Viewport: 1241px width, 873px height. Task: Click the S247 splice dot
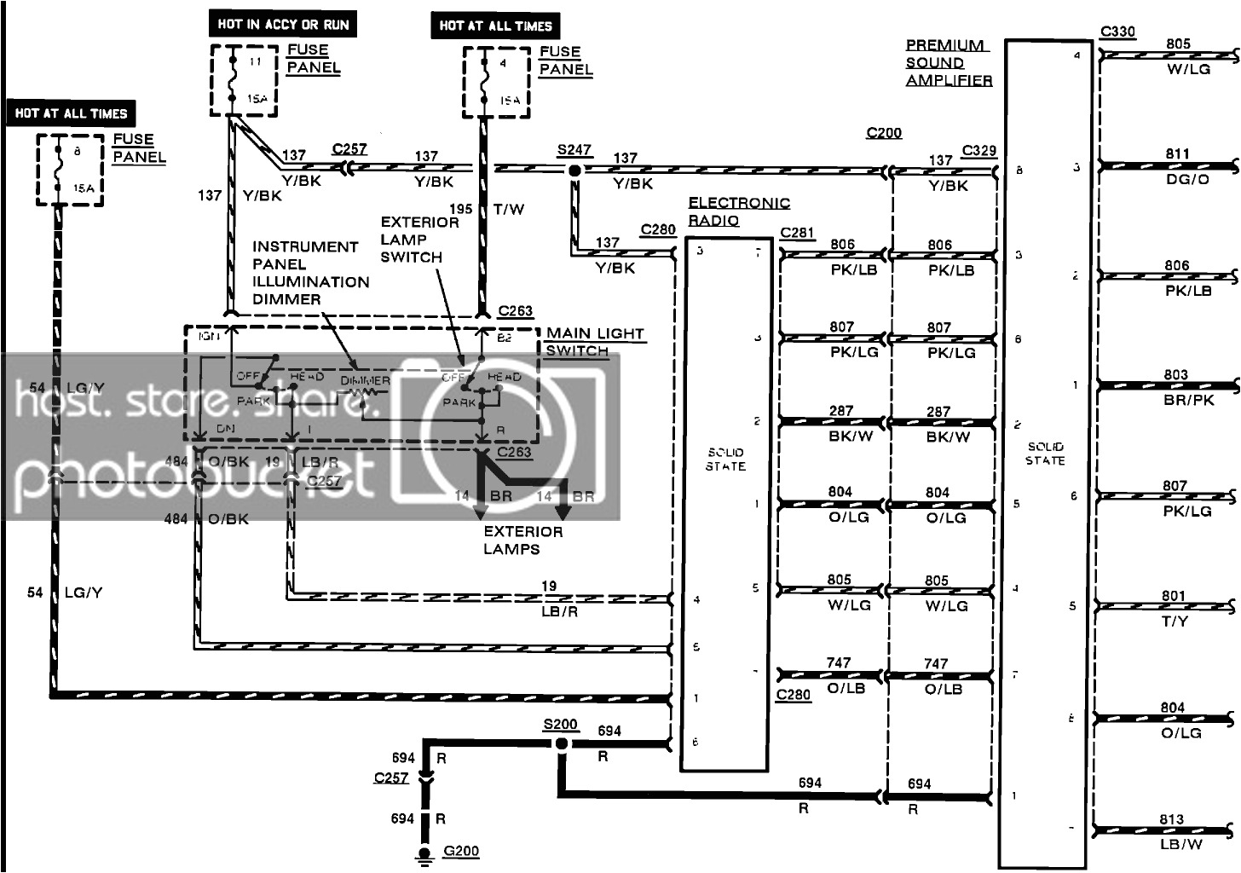(575, 171)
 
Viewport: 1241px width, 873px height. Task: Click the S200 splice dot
(561, 744)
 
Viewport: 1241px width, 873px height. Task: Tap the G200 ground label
(461, 851)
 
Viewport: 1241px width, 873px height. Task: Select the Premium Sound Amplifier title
(948, 63)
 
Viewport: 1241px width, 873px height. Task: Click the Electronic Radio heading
(738, 211)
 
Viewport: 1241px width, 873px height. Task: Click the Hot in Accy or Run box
(283, 25)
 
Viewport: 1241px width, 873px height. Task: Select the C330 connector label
(1117, 32)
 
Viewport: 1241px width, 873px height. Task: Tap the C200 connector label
(884, 133)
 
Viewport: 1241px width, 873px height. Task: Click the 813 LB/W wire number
(1171, 819)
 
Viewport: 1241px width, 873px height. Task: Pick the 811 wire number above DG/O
(1177, 154)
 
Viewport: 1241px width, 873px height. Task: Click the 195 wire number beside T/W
(460, 209)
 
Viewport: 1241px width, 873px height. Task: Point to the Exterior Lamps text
(522, 540)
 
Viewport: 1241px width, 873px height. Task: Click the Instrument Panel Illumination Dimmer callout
(310, 273)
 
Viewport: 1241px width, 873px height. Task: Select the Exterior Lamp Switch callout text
(418, 240)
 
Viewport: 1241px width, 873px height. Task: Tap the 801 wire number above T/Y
(1173, 596)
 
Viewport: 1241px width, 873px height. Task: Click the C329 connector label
(978, 151)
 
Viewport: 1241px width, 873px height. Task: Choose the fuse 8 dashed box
(70, 175)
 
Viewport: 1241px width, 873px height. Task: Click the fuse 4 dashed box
(496, 83)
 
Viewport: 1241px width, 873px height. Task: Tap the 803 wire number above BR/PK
(1175, 374)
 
